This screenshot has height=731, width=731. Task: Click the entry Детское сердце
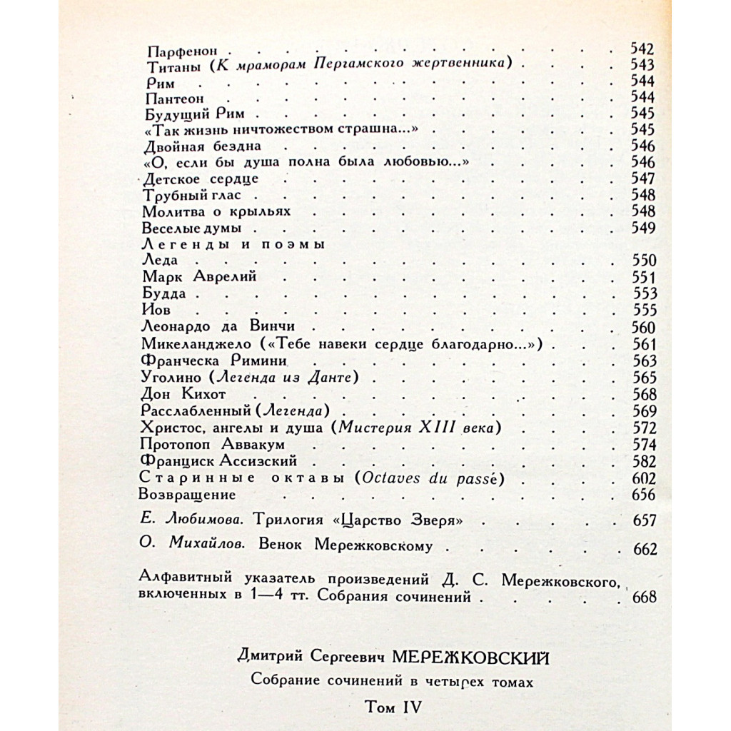coord(201,178)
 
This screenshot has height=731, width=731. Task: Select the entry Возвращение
coord(186,494)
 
